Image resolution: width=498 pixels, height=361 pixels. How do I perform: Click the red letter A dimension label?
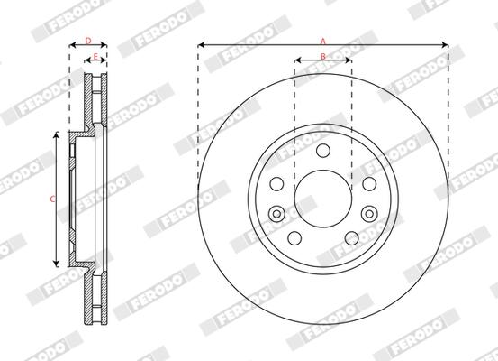[322, 40]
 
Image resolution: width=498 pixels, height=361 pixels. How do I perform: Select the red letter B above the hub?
[322, 57]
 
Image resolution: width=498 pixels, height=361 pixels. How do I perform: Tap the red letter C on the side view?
[52, 198]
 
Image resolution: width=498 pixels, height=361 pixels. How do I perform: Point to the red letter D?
[87, 41]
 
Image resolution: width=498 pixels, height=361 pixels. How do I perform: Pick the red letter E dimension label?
[96, 57]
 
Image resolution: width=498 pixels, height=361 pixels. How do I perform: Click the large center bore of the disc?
[322, 198]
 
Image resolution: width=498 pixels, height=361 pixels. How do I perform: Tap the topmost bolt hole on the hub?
[322, 151]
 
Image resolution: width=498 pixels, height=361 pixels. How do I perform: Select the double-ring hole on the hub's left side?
[277, 213]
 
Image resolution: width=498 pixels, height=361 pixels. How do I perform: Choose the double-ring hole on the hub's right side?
[368, 213]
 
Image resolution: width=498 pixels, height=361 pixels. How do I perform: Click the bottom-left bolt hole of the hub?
[294, 236]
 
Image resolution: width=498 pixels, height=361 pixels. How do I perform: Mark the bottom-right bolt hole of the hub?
[351, 236]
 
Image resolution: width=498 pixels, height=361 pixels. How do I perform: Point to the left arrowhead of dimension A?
[201, 44]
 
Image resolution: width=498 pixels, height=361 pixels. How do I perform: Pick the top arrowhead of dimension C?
[59, 134]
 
